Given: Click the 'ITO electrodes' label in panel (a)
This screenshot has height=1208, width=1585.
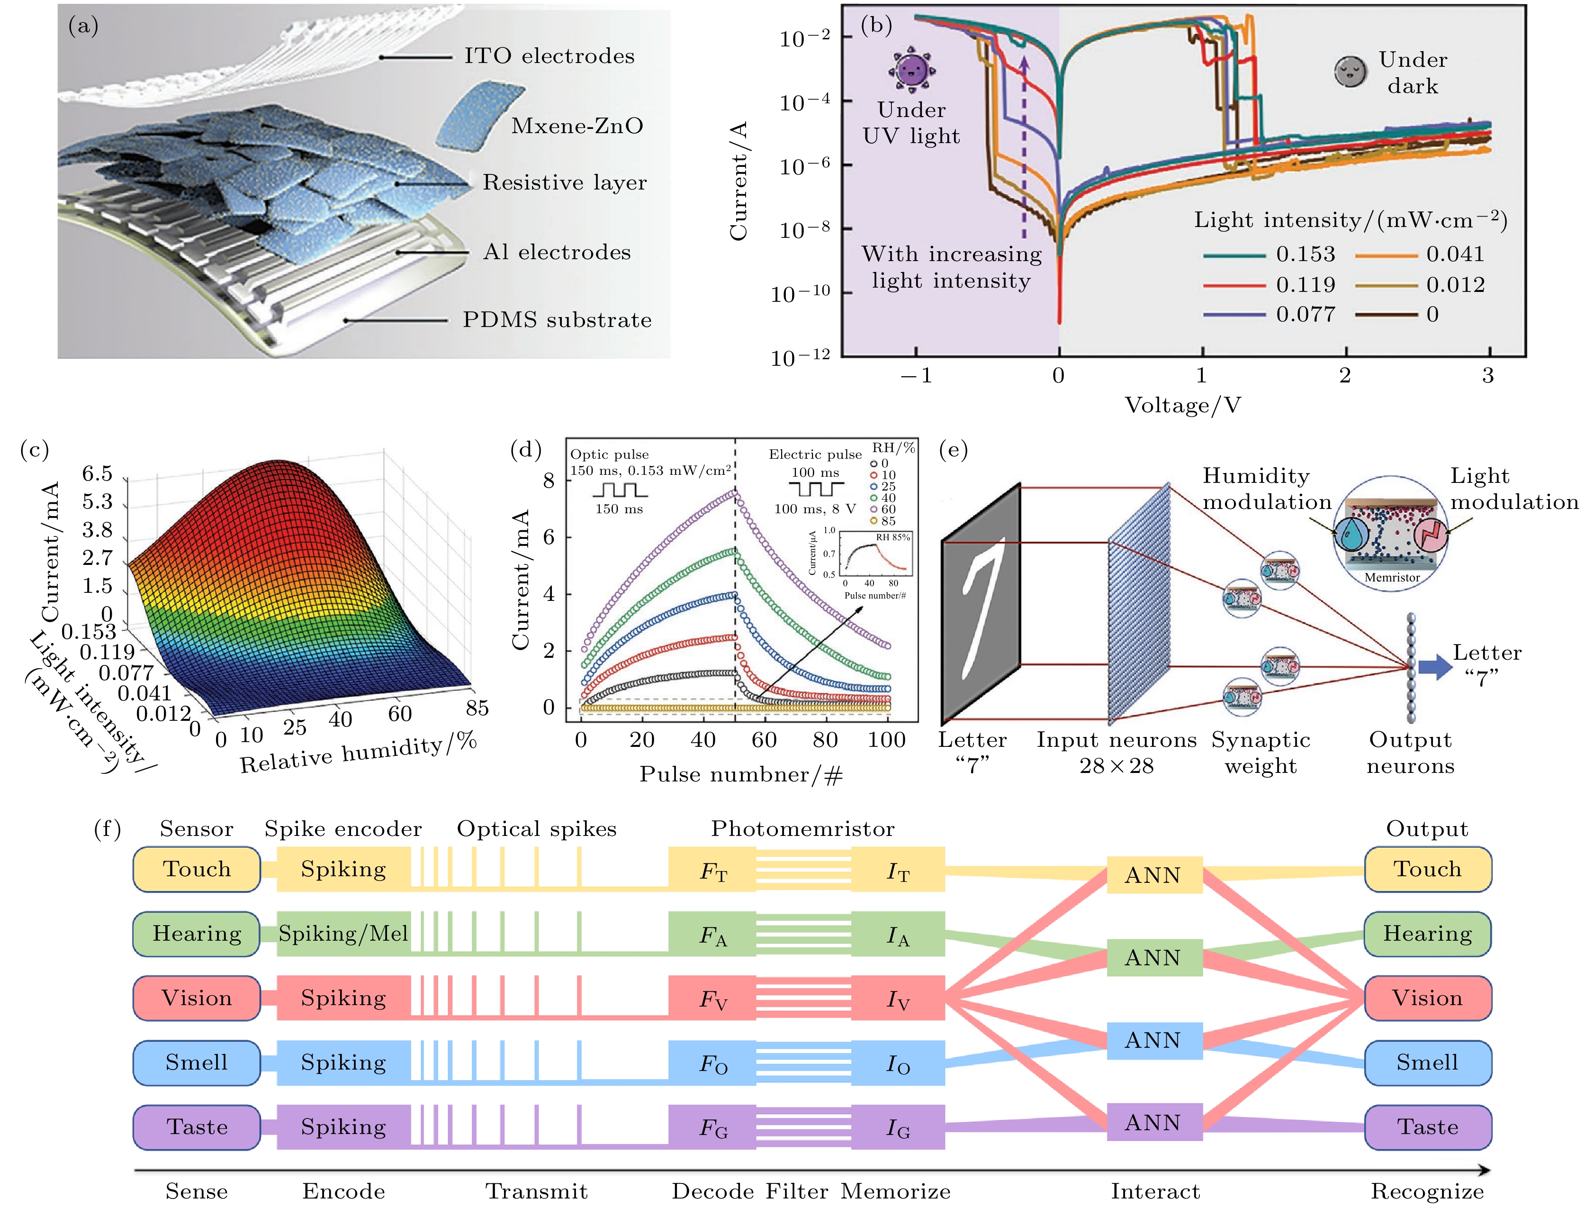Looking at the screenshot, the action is click(549, 56).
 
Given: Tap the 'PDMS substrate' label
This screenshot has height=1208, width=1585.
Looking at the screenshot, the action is click(557, 320).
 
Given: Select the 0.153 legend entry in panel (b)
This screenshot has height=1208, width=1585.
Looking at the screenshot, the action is click(1270, 254).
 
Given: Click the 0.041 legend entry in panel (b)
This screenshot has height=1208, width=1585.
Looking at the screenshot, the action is click(1420, 254).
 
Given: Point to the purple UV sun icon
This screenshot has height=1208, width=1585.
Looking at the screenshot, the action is click(911, 70).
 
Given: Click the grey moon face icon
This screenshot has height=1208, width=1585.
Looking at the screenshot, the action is click(1350, 71).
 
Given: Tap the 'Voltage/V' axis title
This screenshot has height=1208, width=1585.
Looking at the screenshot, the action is click(1182, 406).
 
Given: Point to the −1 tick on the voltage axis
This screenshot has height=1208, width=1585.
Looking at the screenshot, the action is click(917, 375).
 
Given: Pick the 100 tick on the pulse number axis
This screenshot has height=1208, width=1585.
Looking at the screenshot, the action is click(886, 740).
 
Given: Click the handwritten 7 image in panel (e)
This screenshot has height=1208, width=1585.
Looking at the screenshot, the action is click(981, 604).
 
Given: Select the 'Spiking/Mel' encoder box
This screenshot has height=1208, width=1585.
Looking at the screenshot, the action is click(343, 933).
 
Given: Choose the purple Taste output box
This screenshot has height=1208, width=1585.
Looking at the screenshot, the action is click(1428, 1127).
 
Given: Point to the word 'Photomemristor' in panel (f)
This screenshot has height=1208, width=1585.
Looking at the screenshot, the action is click(803, 829).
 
